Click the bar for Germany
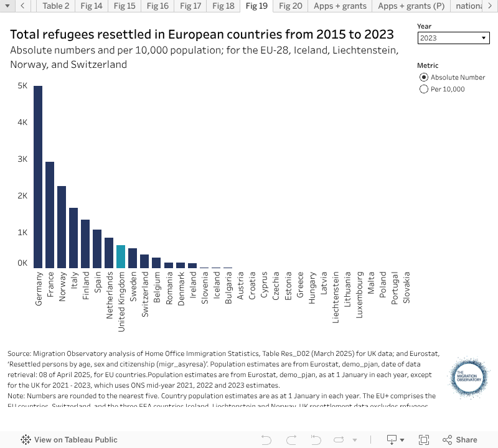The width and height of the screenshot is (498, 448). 38,177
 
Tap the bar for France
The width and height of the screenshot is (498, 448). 50,215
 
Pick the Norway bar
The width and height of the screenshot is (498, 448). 62,226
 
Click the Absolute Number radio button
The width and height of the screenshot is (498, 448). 425,77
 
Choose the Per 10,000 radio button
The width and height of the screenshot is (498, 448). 425,89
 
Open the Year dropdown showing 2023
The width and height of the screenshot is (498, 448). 453,38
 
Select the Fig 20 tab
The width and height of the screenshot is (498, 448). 290,6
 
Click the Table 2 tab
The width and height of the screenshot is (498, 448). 56,6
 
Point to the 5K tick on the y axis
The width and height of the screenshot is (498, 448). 22,86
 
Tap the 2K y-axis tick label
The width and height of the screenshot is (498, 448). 22,196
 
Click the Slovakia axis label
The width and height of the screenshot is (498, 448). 407,287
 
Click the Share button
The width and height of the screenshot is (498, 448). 461,439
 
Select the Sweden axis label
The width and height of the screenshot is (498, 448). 133,286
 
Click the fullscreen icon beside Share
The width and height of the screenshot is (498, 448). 424,439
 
